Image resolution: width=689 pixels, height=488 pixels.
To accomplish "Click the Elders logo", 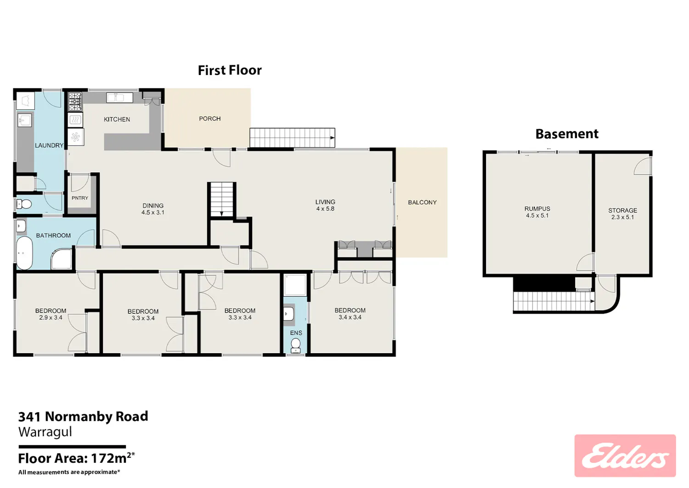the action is coord(625,455).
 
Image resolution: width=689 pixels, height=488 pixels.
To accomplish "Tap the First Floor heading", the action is coord(230,70).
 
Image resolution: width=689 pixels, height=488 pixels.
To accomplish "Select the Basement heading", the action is coord(567,134).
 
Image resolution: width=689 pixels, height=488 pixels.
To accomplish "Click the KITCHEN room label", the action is coord(117,119).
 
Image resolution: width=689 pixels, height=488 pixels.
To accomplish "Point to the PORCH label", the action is coord(210,119).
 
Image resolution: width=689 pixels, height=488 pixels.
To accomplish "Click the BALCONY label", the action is coord(422,202).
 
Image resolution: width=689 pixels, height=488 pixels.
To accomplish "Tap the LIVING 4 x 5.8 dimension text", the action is coord(325,208).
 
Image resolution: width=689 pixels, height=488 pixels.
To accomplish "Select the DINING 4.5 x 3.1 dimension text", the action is coord(153,212).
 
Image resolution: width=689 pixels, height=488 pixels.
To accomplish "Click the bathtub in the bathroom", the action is coord(24,253).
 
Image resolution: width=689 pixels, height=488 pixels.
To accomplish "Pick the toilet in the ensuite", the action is coord(296,345).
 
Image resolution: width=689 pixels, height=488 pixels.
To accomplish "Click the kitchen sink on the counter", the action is coord(119,98).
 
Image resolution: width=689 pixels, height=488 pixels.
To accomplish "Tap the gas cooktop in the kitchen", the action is coord(75,101).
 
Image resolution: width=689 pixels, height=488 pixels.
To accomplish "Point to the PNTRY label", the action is coord(80,198).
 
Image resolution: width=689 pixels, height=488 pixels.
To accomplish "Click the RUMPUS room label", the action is coord(537,208).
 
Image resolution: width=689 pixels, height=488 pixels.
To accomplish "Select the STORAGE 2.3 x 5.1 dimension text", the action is coord(622,217).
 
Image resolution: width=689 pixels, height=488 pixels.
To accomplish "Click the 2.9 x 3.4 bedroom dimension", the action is coord(51,317).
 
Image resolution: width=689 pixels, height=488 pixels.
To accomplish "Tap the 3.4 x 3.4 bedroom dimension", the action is coord(350,317).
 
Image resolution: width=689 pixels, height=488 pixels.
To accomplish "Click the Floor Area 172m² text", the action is coord(77,458).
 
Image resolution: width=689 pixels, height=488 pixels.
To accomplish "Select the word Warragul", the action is coord(45,431).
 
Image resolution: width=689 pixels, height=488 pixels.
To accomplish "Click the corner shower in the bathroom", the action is coord(62,258).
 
